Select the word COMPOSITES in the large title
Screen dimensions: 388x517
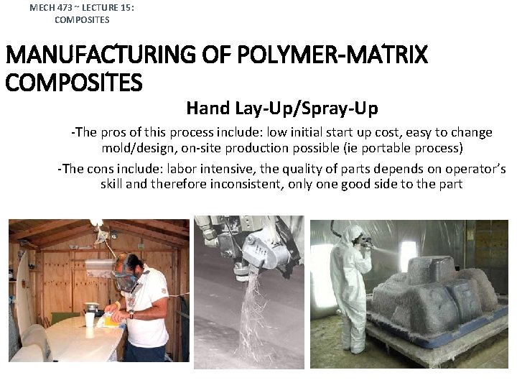(x=74, y=83)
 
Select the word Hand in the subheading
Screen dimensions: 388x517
(x=207, y=108)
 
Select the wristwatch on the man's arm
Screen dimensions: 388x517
(x=131, y=314)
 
